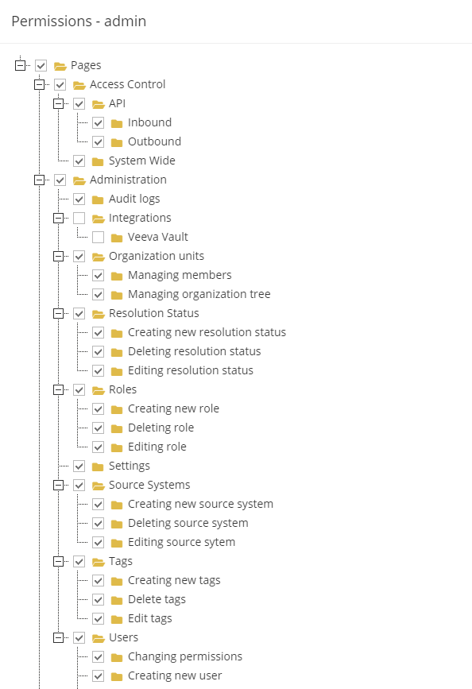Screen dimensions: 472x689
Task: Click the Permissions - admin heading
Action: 79,21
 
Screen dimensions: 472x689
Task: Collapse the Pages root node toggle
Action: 20,65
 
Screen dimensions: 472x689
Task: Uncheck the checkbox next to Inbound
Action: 98,122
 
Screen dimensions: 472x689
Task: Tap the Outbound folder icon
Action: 117,142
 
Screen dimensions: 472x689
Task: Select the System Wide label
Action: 142,161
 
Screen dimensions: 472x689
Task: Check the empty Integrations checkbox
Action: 79,218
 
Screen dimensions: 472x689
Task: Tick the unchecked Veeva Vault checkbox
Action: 98,238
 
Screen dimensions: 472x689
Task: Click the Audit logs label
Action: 134,199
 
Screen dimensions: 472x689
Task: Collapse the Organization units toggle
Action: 59,256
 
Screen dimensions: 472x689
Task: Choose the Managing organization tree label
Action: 199,294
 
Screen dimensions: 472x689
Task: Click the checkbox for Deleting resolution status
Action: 98,351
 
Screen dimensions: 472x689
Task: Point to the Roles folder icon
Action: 98,390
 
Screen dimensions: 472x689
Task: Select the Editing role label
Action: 157,447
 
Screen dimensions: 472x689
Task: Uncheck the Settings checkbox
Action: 79,466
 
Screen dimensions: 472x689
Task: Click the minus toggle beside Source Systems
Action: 59,485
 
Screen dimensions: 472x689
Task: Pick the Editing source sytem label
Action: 181,542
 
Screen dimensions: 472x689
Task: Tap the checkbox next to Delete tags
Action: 98,600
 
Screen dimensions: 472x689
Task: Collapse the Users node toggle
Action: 59,637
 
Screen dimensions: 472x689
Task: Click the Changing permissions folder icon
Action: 117,657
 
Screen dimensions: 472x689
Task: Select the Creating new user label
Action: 175,675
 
